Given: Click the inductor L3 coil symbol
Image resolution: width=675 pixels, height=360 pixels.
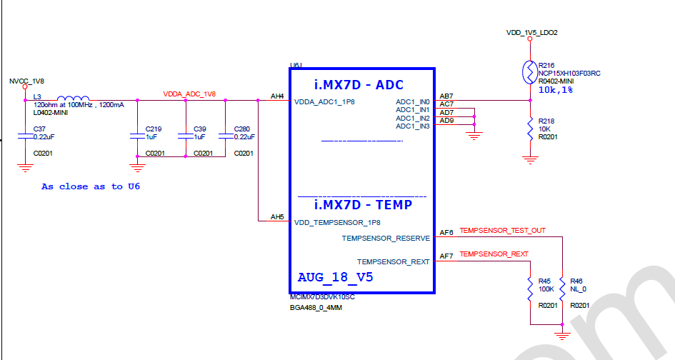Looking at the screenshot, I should click(x=73, y=99).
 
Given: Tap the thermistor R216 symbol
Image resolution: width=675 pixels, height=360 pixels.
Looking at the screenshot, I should click(x=529, y=71).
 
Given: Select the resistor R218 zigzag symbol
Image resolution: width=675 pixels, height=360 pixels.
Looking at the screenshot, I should click(x=529, y=129).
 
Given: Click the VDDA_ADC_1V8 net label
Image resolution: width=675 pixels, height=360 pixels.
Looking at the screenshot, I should click(x=189, y=94).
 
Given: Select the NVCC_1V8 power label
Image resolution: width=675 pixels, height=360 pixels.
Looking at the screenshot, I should click(x=26, y=81).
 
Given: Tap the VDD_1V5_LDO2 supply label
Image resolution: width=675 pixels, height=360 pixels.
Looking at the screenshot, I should click(x=531, y=33).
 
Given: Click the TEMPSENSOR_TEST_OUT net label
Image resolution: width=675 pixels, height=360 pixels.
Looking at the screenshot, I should click(x=502, y=231).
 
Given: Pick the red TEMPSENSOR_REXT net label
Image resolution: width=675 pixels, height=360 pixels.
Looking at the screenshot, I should click(x=494, y=254).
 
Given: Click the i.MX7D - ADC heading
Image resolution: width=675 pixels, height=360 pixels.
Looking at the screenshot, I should click(x=359, y=85).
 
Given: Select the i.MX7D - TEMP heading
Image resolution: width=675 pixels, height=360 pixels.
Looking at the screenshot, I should click(x=363, y=205).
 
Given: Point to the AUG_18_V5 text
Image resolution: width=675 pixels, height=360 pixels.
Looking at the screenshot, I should click(x=335, y=276).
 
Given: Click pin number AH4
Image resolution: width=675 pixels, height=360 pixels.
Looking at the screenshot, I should click(x=277, y=96).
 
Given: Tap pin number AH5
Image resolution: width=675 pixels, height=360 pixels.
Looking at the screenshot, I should click(x=277, y=217).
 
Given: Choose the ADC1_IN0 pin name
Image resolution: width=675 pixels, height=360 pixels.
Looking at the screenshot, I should click(x=413, y=102).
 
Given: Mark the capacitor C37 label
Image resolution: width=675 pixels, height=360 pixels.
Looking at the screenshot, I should click(x=40, y=129).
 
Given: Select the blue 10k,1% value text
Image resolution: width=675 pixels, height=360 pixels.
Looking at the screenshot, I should click(x=555, y=91).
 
